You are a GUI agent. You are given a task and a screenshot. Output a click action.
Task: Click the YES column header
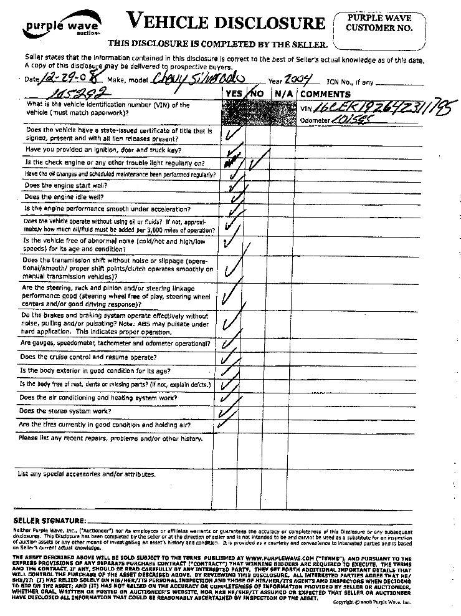coord(235,94)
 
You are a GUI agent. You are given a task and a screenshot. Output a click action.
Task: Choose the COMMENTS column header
coord(327,94)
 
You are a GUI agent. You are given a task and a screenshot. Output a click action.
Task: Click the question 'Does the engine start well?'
coord(65,186)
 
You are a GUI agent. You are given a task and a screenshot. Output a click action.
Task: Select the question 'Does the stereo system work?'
coord(65,411)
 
